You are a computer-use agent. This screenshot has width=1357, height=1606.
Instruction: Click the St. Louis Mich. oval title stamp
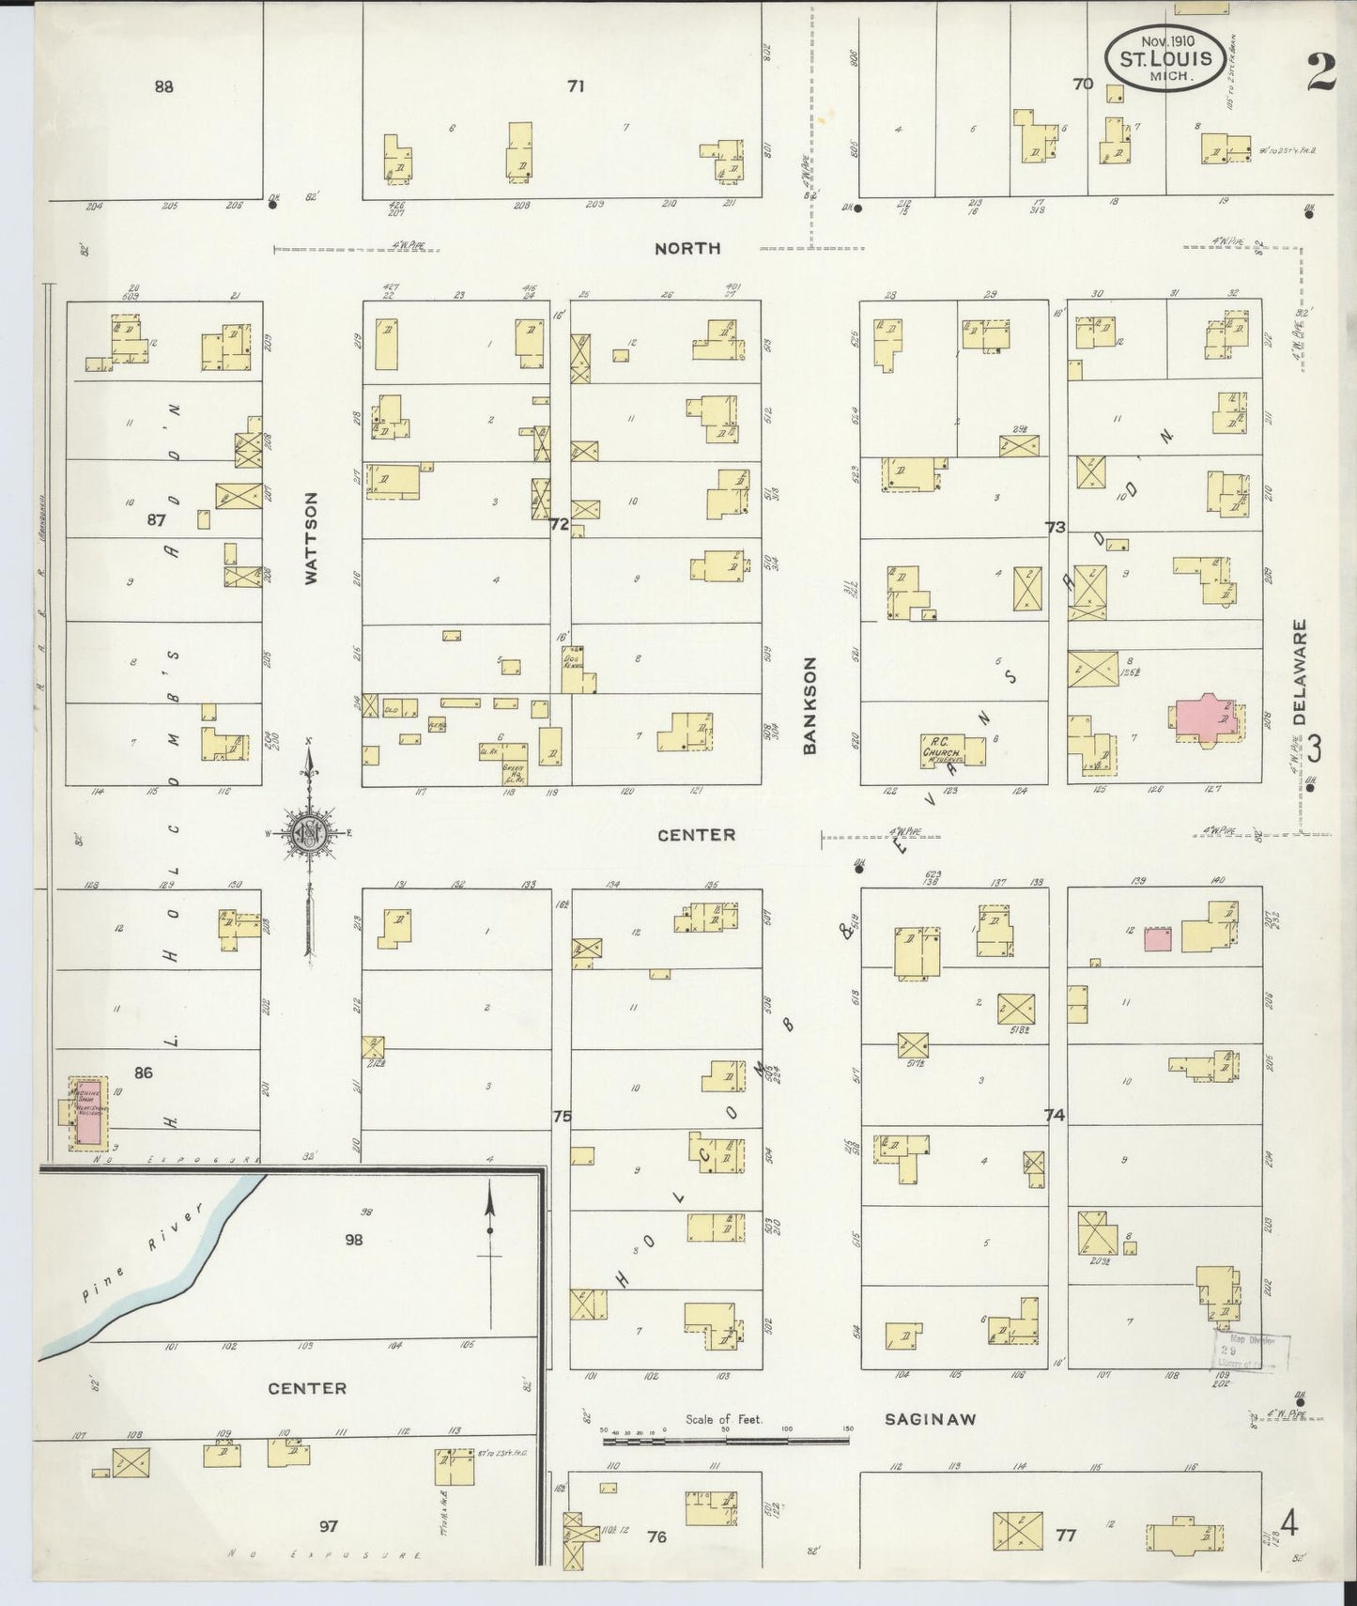[x=1164, y=59]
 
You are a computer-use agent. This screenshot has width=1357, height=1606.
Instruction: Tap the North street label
[x=687, y=248]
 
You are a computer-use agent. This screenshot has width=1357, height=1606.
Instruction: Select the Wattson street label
[x=311, y=538]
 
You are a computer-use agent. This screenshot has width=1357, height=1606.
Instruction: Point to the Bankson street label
[x=810, y=704]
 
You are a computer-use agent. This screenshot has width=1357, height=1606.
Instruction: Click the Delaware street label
[x=1300, y=671]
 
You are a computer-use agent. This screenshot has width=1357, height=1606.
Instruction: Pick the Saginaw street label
[x=930, y=1419]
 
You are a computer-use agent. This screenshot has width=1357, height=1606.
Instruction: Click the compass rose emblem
[x=308, y=833]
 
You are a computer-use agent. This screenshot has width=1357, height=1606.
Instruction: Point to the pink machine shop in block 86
[x=87, y=1113]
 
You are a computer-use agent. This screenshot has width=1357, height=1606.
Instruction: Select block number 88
[x=164, y=86]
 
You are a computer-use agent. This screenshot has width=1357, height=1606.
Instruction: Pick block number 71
[x=576, y=85]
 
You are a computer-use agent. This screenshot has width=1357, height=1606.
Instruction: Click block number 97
[x=328, y=1526]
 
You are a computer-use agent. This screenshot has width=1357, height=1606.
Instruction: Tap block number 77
[x=1065, y=1536]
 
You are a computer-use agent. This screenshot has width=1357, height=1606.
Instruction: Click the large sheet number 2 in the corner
[x=1320, y=72]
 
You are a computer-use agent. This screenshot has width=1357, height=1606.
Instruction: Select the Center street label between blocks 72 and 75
[x=696, y=834]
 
